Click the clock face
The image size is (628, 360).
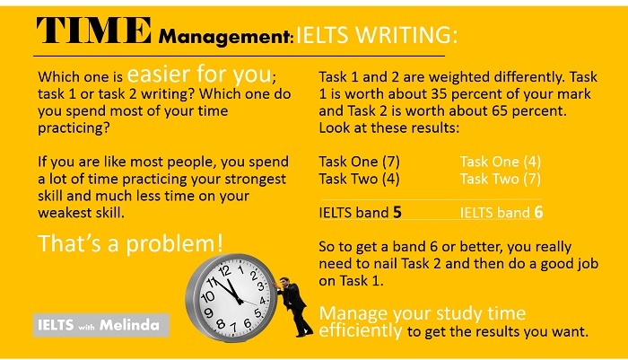[x=231, y=297]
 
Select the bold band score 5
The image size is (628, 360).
[x=397, y=213]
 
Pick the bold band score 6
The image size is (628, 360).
[x=537, y=213]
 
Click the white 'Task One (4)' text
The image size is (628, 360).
[x=501, y=162]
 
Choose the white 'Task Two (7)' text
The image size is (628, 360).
[x=501, y=178]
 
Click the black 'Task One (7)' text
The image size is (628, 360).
[x=359, y=162]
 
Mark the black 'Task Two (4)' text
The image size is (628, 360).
[x=359, y=178]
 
